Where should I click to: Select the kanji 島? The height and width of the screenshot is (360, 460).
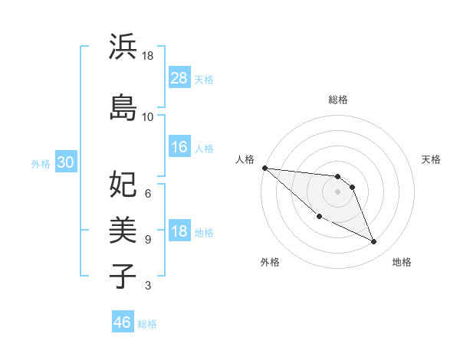click(x=123, y=107)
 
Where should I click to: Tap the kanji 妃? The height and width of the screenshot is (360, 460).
click(x=123, y=184)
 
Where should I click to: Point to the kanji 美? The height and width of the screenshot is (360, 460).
click(x=123, y=229)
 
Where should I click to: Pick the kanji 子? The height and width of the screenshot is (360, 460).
click(x=123, y=275)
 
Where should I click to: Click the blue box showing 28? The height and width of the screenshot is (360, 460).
click(x=179, y=78)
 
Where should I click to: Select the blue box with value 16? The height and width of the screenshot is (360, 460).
click(x=179, y=147)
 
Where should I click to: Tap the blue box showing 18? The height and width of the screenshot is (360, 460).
click(x=179, y=232)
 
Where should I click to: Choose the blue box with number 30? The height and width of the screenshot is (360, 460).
click(x=64, y=162)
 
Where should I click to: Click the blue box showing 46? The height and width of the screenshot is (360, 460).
click(x=123, y=322)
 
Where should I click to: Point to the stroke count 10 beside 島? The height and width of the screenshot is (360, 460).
click(x=148, y=116)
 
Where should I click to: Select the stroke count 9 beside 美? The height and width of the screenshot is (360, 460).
click(x=148, y=239)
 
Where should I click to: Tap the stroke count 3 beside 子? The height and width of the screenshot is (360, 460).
click(x=148, y=286)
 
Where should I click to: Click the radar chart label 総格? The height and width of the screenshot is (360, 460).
click(x=338, y=100)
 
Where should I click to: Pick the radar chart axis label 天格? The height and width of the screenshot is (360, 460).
click(x=432, y=159)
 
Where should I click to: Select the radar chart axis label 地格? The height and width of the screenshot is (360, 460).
click(x=402, y=262)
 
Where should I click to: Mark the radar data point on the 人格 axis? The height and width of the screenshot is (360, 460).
click(x=264, y=168)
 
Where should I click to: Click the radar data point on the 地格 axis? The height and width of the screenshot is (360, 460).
click(x=374, y=242)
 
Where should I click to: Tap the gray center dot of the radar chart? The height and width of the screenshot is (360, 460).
click(x=338, y=191)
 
